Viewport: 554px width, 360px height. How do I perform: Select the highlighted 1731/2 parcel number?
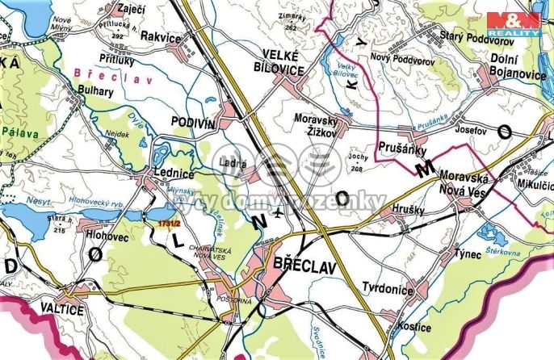point(169,222)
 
